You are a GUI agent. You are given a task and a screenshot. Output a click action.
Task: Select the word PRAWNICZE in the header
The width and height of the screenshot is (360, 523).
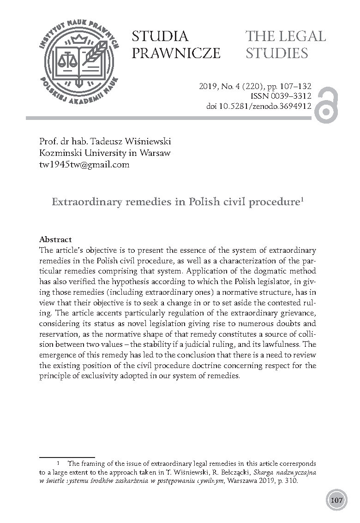[176, 53]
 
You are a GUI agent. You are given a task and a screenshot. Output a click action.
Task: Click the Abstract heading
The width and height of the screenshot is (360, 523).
[55, 239]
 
